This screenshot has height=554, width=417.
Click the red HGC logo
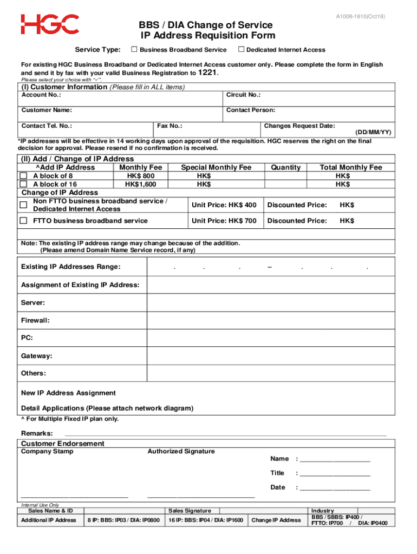[50, 25]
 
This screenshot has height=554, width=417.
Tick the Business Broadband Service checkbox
[134, 50]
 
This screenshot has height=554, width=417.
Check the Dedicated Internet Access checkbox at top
[241, 50]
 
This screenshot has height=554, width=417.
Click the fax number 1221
[208, 72]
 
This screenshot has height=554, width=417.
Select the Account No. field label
[41, 95]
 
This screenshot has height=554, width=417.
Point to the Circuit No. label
[244, 95]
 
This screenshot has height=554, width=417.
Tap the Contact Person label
[251, 110]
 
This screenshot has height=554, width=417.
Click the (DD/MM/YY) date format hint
[373, 133]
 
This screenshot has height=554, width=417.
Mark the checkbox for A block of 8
[24, 176]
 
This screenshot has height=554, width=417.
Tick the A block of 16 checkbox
[24, 184]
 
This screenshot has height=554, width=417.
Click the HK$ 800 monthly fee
[141, 176]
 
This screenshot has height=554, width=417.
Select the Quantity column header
[286, 168]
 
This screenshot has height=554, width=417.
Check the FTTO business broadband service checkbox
[24, 221]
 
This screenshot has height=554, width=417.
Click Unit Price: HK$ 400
[224, 205]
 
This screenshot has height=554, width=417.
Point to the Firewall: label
[35, 320]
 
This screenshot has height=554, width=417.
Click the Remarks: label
[37, 433]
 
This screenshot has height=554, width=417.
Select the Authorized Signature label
[181, 451]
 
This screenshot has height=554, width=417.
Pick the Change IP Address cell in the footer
[276, 520]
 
